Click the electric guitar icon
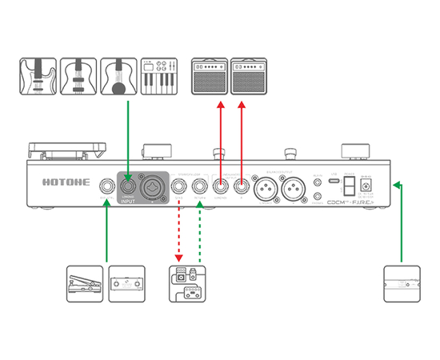(38, 76)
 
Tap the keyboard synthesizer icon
(158, 76)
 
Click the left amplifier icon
(210, 76)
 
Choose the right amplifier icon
(249, 76)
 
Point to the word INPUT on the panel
(128, 201)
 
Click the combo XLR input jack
(152, 188)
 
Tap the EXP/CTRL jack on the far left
(106, 188)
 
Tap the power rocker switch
(348, 186)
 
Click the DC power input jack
(367, 188)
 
